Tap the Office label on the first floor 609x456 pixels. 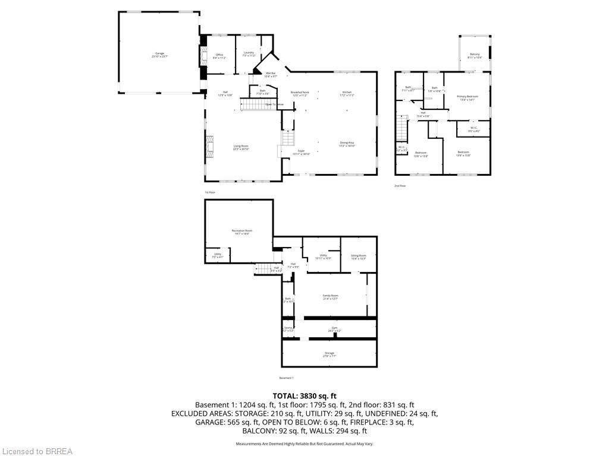(x=219, y=56)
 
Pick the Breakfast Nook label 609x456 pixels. (x=300, y=93)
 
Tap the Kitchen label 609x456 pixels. (x=347, y=93)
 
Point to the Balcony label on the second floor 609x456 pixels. (x=475, y=56)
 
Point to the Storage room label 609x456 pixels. (x=329, y=354)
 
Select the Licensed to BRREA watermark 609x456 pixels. (x=36, y=451)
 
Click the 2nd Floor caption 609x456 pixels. (x=400, y=186)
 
